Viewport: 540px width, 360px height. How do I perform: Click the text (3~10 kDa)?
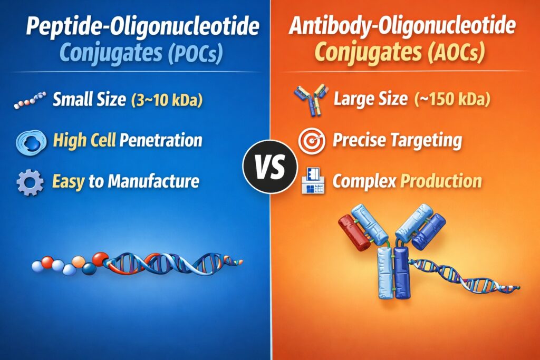(167, 100)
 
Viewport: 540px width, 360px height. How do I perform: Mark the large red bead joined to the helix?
(100, 258)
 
